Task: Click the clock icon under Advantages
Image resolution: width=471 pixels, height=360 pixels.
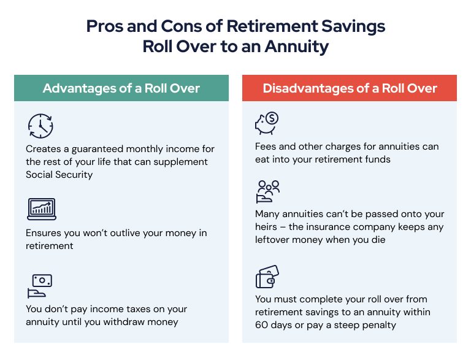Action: pyautogui.click(x=40, y=125)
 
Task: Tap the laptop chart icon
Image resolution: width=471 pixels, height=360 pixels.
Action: pyautogui.click(x=40, y=209)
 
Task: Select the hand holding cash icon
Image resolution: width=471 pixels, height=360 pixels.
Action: pyautogui.click(x=40, y=285)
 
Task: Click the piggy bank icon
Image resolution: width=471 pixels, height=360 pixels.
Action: pyautogui.click(x=267, y=123)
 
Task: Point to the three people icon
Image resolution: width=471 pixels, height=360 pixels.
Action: pyautogui.click(x=267, y=191)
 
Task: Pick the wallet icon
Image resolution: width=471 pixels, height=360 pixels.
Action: pyautogui.click(x=267, y=277)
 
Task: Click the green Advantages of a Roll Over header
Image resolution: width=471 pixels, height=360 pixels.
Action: pyautogui.click(x=121, y=88)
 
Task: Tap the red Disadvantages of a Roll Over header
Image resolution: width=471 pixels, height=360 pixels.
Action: pyautogui.click(x=350, y=88)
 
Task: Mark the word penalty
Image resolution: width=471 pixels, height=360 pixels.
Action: pyautogui.click(x=377, y=325)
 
